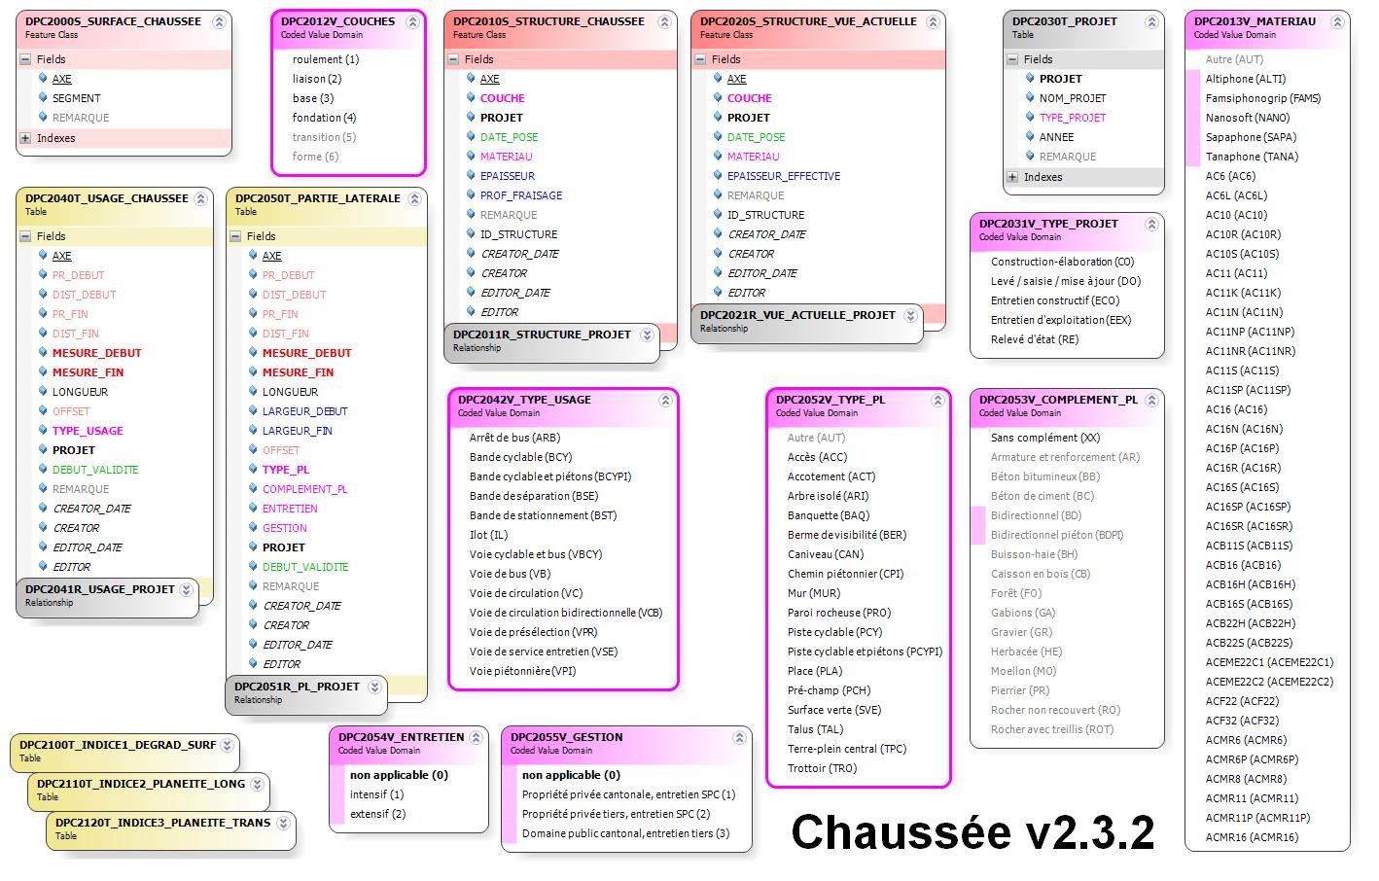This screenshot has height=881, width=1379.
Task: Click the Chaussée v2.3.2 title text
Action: (972, 832)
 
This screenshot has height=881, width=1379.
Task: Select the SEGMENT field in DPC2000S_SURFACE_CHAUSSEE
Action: (76, 98)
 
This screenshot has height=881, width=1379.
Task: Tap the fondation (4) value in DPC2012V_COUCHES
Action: (324, 118)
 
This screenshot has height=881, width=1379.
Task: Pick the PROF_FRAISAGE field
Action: (520, 195)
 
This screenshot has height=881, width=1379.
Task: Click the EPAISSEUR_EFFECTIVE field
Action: (783, 176)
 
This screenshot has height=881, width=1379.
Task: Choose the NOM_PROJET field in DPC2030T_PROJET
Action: (1072, 98)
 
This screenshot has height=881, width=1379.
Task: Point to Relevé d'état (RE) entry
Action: (1034, 339)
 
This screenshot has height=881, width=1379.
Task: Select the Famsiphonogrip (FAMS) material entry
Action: (1262, 98)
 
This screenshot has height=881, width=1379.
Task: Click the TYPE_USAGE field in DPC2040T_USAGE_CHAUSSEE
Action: (88, 431)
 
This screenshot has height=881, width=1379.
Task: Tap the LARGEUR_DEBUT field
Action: (304, 411)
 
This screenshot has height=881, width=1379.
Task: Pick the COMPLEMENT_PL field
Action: (304, 489)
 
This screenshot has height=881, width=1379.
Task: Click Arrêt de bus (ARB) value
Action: (514, 438)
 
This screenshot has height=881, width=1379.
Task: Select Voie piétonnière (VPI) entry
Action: (522, 671)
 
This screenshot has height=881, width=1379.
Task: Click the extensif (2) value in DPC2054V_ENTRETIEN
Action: (377, 814)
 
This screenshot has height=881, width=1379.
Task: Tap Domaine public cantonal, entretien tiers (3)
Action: (625, 833)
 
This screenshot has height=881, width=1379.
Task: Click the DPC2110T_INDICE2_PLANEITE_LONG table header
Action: (140, 784)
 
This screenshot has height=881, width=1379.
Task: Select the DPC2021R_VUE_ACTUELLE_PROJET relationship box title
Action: (796, 315)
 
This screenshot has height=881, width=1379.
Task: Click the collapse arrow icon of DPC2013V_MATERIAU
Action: (1334, 21)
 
